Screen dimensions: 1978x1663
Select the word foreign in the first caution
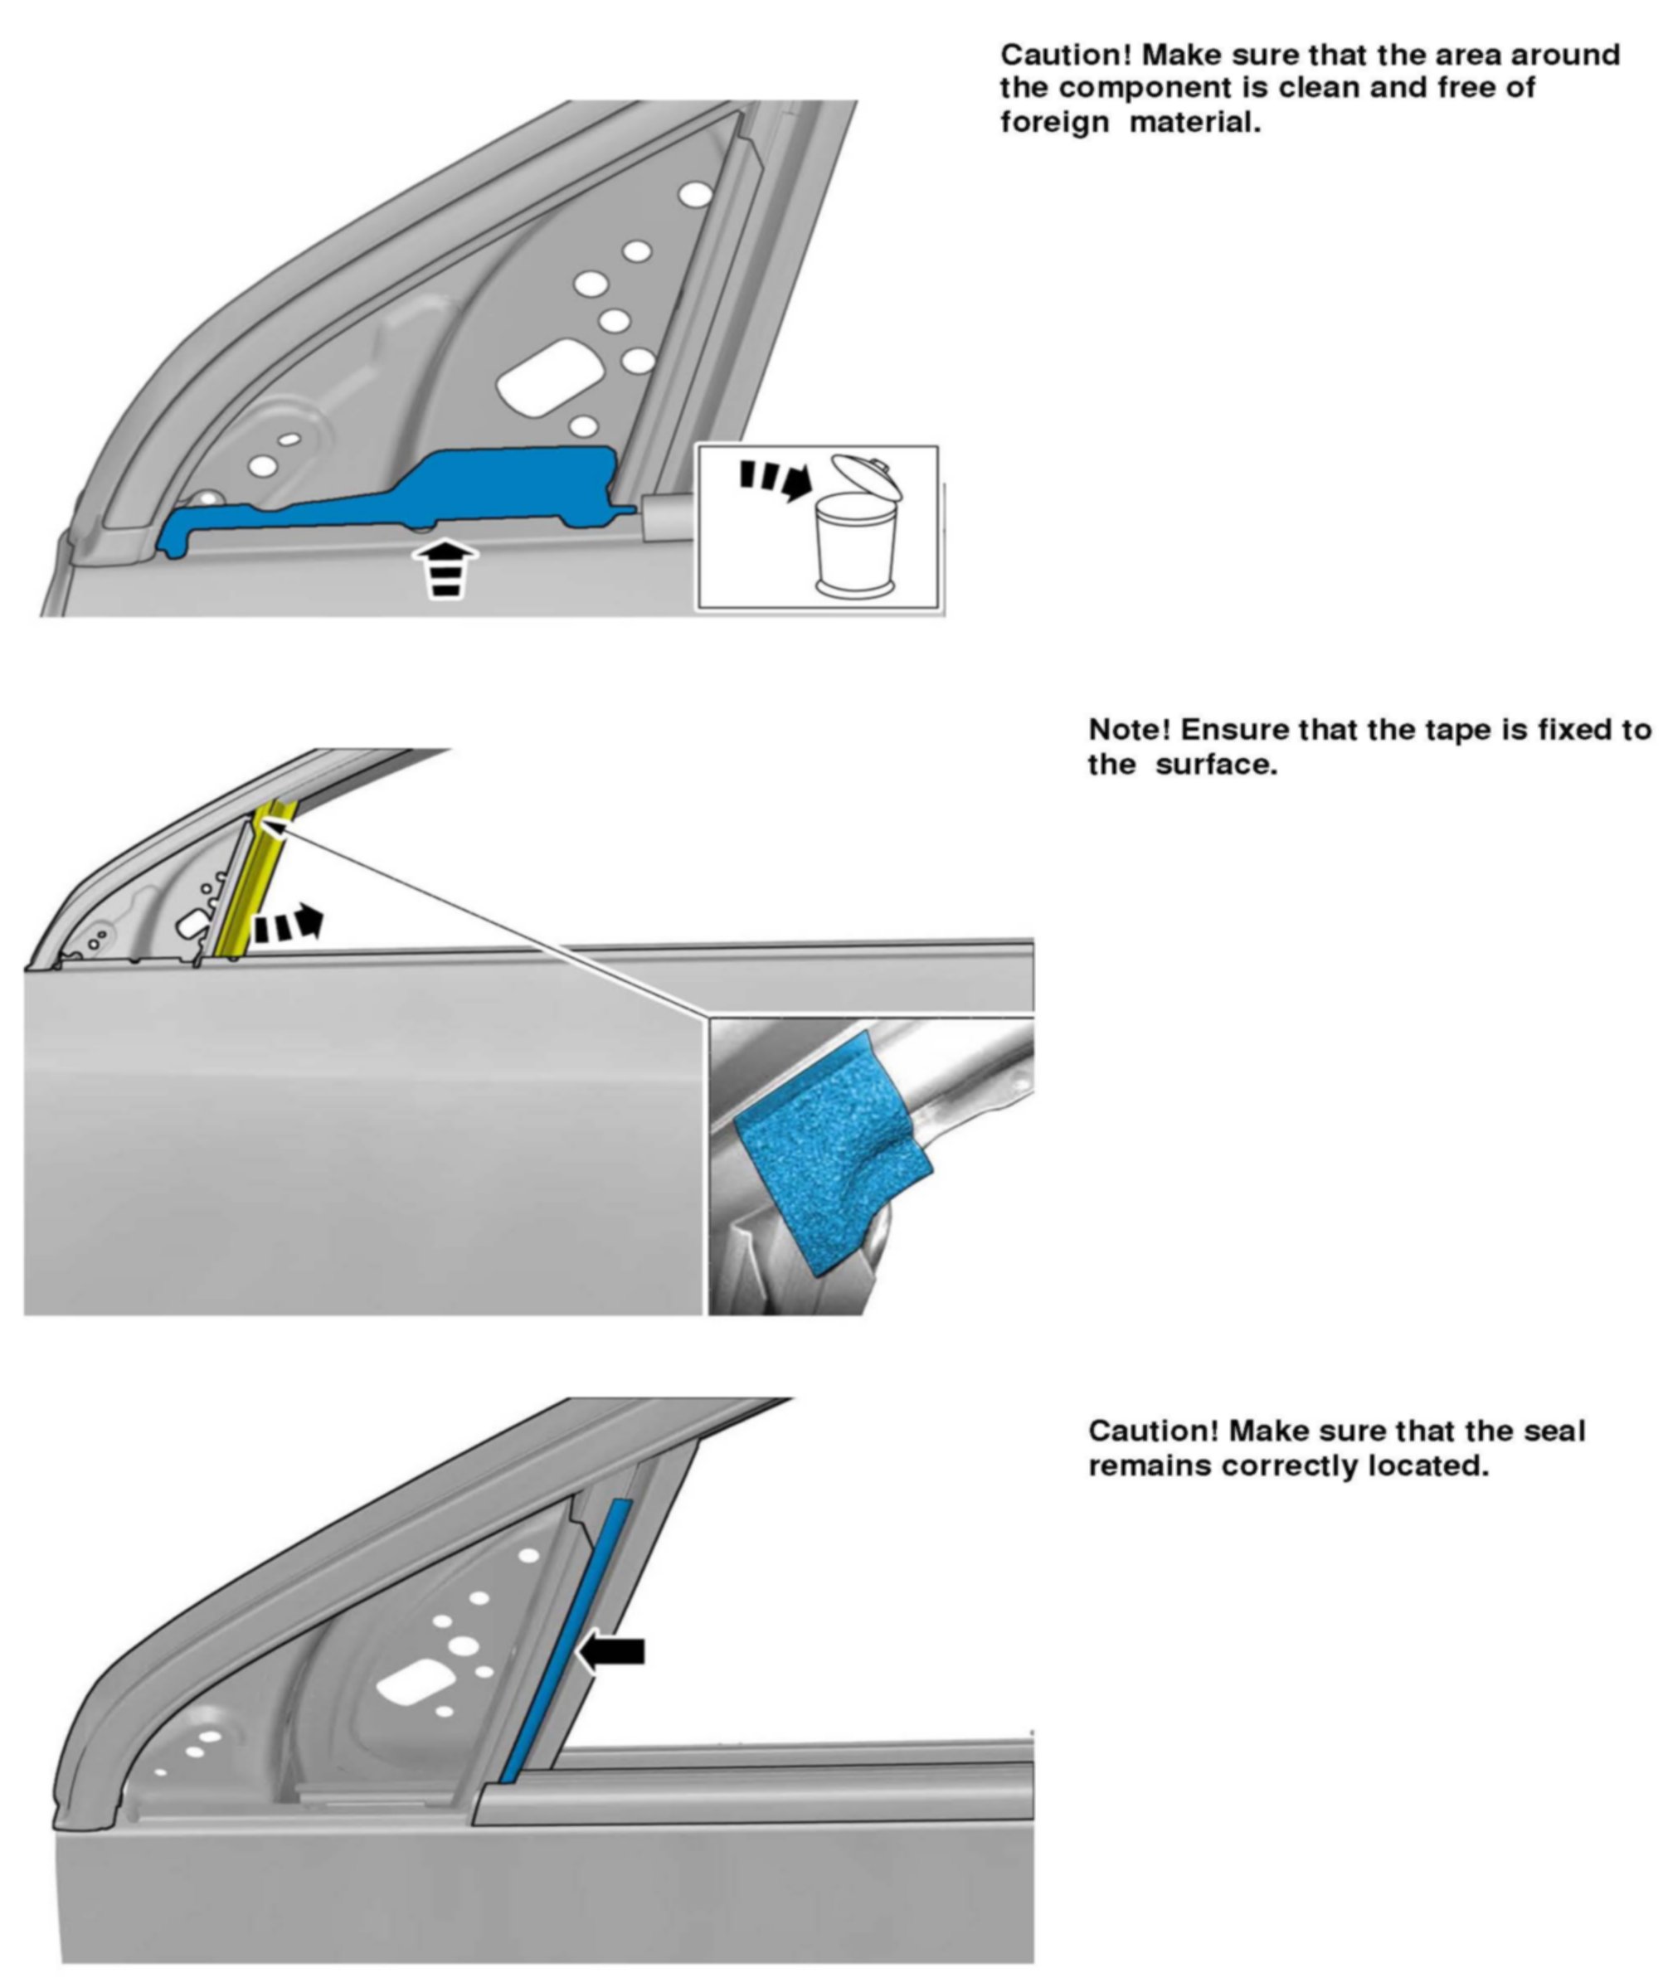tap(1054, 122)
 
